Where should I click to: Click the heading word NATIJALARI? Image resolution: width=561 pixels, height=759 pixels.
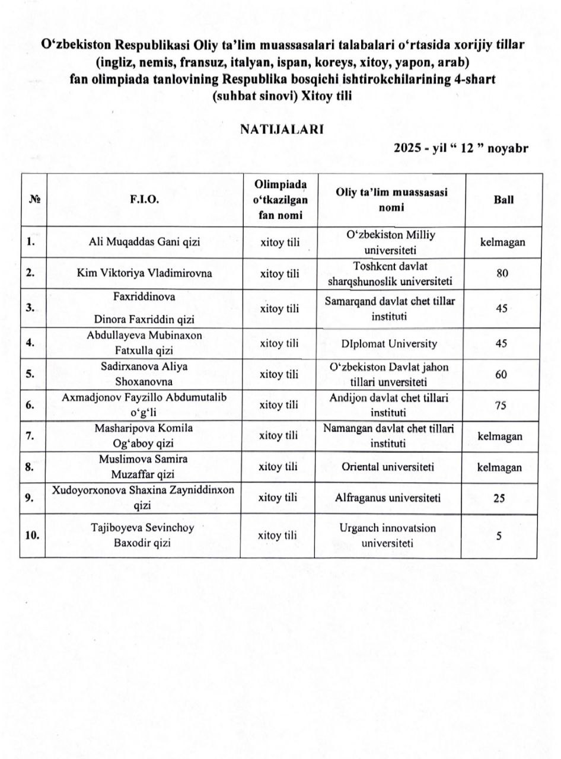point(281,129)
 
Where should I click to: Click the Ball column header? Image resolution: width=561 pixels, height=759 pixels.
point(503,200)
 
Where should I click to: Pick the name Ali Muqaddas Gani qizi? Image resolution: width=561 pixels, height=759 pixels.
point(144,241)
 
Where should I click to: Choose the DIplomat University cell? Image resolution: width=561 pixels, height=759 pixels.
point(389,343)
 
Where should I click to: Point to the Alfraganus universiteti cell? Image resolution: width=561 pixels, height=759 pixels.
point(390,498)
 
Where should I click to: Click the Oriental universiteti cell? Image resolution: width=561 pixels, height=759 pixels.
point(388,467)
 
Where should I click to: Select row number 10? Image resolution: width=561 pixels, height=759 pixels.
point(32,535)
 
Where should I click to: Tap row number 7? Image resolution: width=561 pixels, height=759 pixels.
point(30,436)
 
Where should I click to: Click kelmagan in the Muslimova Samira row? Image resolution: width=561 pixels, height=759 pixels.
point(500,467)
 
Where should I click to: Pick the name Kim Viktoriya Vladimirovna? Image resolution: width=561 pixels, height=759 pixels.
point(144,273)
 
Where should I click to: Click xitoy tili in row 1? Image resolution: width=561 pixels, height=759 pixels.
point(278,242)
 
